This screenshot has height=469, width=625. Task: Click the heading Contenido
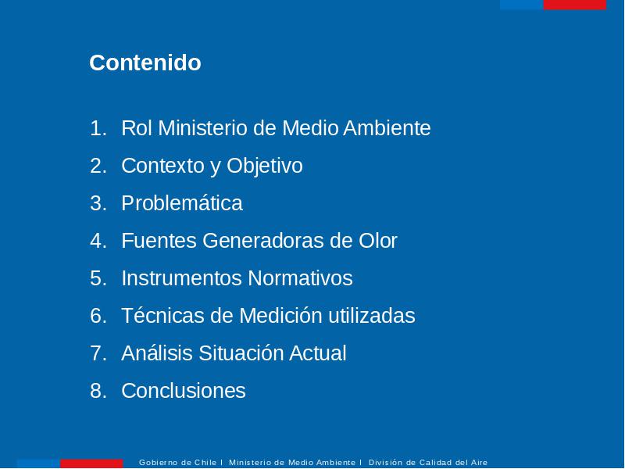coord(145,63)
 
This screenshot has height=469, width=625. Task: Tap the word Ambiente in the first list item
coord(387,128)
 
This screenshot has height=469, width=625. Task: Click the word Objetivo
coord(265,166)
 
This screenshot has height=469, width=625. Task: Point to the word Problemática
coord(182,203)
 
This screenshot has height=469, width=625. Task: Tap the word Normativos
coord(300,278)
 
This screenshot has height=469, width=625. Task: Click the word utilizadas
coord(372,316)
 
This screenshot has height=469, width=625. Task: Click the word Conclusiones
coord(184,390)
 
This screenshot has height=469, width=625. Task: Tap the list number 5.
coord(98,278)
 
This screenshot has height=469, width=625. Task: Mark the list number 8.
coord(98,390)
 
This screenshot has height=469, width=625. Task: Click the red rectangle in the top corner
coord(574,5)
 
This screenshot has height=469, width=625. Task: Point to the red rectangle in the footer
coord(91,464)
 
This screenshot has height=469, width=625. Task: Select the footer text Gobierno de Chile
coord(177,463)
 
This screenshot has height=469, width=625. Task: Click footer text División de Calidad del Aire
coord(427,463)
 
